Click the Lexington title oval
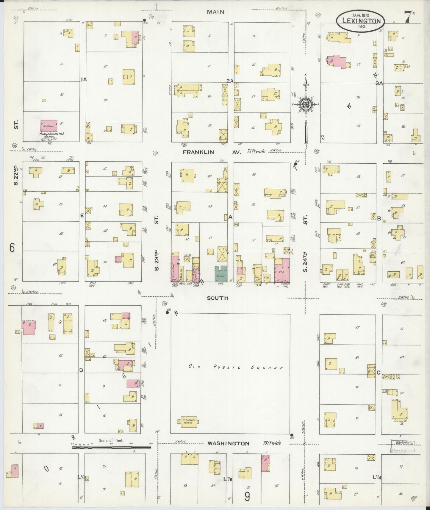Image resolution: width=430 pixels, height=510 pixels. [361, 21]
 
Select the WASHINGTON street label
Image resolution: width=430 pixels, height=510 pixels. [228, 443]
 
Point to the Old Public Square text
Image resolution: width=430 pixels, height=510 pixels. [235, 367]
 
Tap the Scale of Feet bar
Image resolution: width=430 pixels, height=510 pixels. [111, 447]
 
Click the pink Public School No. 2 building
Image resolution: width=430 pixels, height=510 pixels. [49, 126]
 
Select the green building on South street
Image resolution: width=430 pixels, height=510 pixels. [221, 274]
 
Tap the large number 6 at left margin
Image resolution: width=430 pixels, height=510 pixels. [12, 248]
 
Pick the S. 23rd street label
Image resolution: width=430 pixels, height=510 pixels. [157, 261]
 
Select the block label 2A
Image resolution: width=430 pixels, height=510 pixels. [230, 81]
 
